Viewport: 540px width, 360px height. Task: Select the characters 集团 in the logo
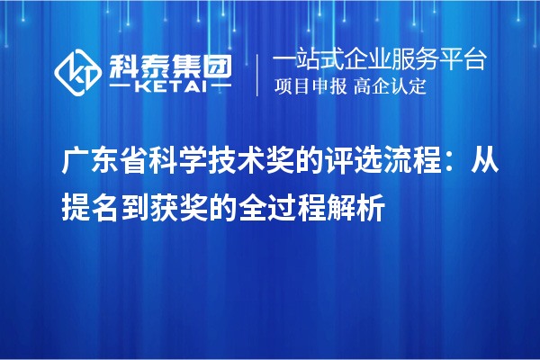(x=202, y=64)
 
